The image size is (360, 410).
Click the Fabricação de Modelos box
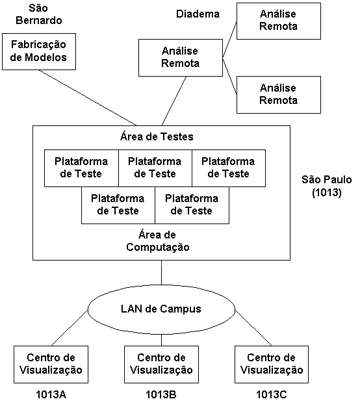coord(39,51)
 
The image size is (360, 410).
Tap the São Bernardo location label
coord(39,14)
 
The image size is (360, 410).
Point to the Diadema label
coord(198,14)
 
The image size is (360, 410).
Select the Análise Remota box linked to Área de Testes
coord(181,58)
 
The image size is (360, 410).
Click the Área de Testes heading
coord(157,136)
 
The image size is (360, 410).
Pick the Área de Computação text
coord(158,241)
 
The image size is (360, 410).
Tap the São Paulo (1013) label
coord(327,186)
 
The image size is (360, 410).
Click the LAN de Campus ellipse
coord(161,309)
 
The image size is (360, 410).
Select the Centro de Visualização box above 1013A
coord(51,365)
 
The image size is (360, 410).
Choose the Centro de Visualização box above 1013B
coord(161,365)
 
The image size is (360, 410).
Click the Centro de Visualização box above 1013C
coord(272,365)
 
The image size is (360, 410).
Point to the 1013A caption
coord(51,394)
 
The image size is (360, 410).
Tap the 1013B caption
coord(161,394)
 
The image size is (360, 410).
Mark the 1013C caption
coord(272,394)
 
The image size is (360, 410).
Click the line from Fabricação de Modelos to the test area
coord(88,98)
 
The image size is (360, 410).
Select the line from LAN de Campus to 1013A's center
coord(70,328)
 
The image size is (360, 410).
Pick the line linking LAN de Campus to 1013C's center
coord(253,328)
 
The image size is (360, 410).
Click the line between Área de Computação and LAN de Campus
coord(161,272)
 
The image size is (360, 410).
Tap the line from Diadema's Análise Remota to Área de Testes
coord(174,101)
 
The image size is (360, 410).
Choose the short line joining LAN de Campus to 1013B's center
coord(161,340)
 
